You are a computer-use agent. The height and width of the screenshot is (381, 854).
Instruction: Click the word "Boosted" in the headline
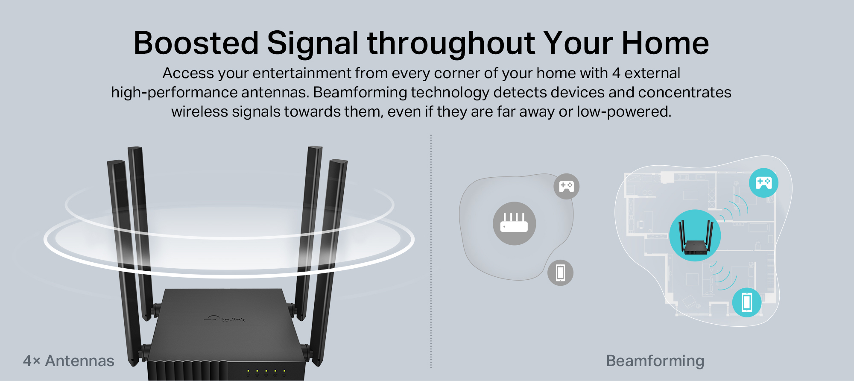pos(196,43)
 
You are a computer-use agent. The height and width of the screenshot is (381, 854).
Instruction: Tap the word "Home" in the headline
pos(665,43)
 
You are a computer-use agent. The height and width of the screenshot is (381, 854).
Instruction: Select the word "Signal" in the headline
pos(313,44)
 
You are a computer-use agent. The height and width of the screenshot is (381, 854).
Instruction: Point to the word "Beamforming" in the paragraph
pos(360,93)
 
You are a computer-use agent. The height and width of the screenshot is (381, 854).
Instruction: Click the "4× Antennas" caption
pos(69,361)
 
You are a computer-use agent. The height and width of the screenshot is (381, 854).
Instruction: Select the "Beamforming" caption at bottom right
pos(655,361)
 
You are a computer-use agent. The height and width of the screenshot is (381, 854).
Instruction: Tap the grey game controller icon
pos(567,186)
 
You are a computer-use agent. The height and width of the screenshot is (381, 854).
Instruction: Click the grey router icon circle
pos(514,223)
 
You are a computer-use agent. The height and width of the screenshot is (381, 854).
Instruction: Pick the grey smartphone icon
pos(560,273)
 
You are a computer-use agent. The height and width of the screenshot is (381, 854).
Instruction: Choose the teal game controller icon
pos(763,183)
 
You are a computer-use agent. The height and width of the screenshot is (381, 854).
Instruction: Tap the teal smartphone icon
pos(747,302)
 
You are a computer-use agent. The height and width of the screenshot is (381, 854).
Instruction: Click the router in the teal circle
pos(695,238)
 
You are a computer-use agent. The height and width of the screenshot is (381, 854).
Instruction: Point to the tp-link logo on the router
pos(225,319)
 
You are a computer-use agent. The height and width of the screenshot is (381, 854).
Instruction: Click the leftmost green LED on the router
pos(248,371)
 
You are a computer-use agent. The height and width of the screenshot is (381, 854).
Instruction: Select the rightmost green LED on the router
pos(284,371)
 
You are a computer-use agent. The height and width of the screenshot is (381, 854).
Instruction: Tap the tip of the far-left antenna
pos(115,161)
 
